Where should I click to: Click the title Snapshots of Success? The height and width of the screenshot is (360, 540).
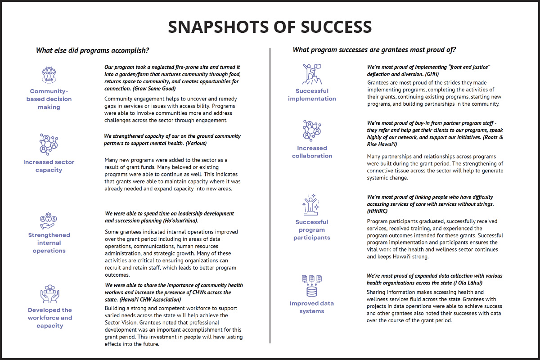click(270, 27)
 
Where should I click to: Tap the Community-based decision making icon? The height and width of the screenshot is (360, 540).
click(49, 74)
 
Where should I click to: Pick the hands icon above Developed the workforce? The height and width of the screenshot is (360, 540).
click(49, 293)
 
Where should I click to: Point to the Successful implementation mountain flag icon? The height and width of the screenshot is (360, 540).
click(312, 74)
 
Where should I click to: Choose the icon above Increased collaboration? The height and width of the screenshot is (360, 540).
click(312, 130)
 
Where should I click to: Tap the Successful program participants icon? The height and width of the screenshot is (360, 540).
click(312, 205)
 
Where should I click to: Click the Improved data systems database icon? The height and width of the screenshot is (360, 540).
click(312, 285)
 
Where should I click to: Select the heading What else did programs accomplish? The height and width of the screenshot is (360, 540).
click(93, 50)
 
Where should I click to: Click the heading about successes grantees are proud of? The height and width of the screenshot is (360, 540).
click(375, 50)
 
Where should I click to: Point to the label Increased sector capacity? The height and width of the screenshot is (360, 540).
click(49, 166)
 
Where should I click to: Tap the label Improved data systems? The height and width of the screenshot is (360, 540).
click(312, 307)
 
